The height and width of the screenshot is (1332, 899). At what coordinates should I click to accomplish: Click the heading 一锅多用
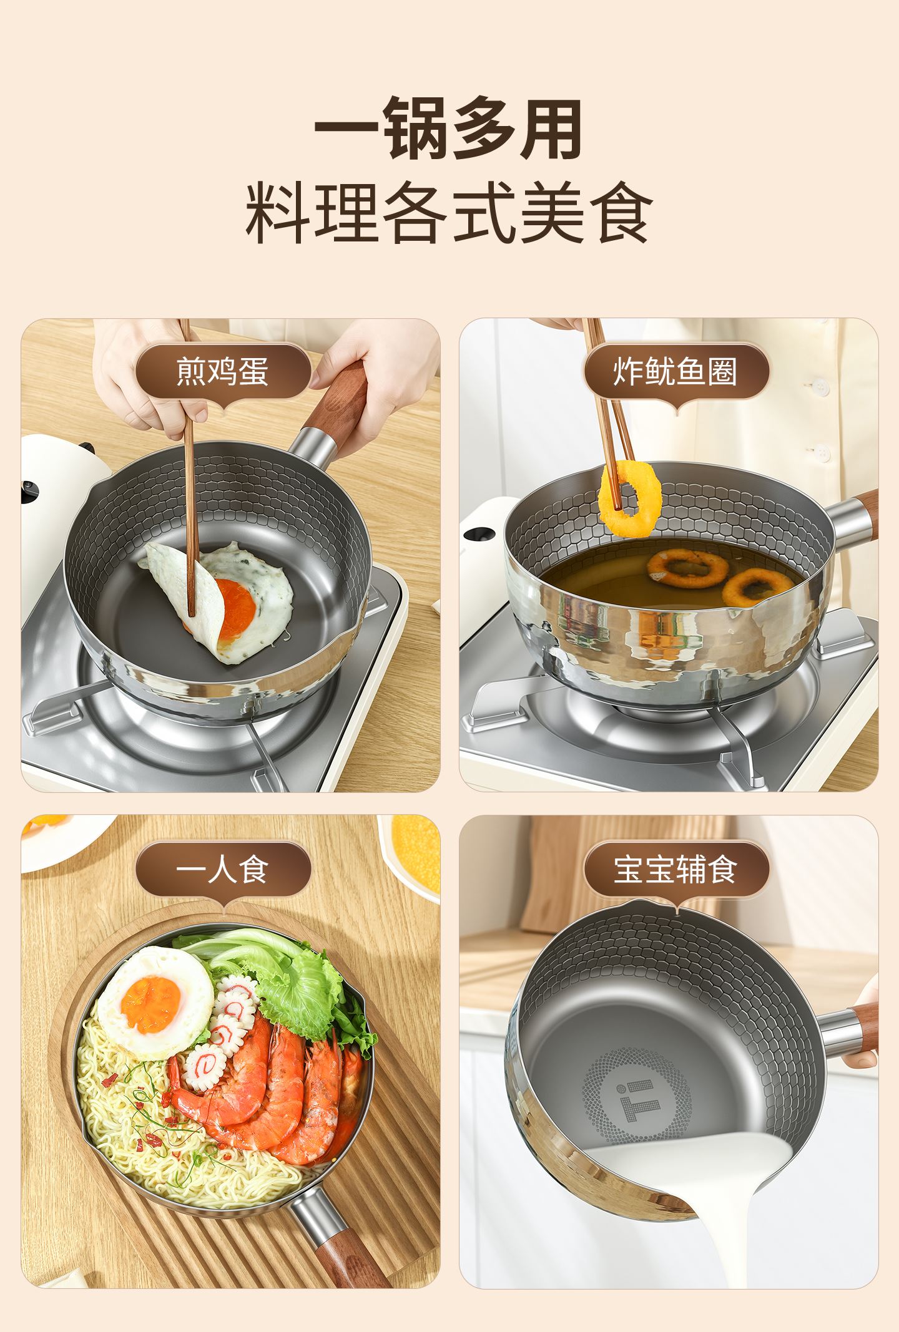point(448,129)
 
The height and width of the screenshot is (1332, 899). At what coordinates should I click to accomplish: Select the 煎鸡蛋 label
point(223,371)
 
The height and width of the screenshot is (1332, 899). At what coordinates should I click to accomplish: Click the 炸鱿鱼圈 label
point(675,371)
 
